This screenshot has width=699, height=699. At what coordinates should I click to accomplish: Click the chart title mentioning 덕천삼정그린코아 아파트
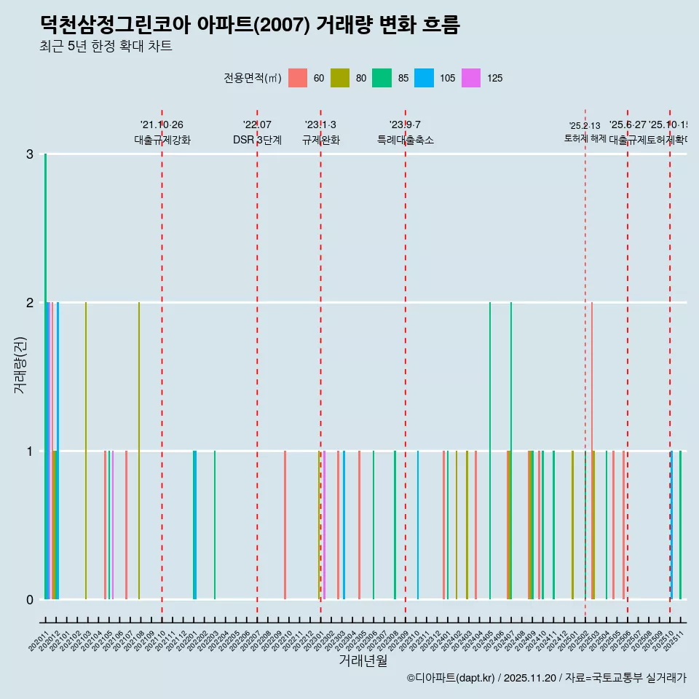click(250, 25)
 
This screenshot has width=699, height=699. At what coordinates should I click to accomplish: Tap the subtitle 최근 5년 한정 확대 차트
click(106, 47)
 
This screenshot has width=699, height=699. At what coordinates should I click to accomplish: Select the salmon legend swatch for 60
click(298, 78)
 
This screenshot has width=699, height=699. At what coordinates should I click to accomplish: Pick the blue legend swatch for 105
click(424, 78)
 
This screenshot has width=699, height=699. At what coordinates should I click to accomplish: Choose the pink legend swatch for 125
click(471, 78)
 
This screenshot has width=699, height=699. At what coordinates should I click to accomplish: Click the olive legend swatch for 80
click(340, 78)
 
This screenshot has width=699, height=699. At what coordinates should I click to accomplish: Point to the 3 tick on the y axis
click(30, 154)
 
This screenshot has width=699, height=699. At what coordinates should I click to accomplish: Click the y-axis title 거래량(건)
click(20, 364)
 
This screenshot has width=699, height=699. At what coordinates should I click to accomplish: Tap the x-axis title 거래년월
click(363, 660)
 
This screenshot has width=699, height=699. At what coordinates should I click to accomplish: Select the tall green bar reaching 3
click(45, 364)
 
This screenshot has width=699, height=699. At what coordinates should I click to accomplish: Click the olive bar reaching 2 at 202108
click(139, 451)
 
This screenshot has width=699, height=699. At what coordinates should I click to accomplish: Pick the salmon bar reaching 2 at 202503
click(592, 451)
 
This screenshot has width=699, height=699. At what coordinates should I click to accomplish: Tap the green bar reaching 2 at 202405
click(490, 451)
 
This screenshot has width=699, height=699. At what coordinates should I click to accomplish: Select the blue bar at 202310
click(418, 524)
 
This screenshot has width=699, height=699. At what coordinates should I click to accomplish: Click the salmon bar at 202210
click(285, 524)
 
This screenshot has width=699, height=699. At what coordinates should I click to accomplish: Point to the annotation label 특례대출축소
click(405, 140)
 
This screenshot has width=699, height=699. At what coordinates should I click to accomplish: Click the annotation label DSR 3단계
click(257, 140)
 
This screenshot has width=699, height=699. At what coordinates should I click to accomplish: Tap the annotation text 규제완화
click(320, 140)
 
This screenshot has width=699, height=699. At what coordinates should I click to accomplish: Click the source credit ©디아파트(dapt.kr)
click(451, 678)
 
